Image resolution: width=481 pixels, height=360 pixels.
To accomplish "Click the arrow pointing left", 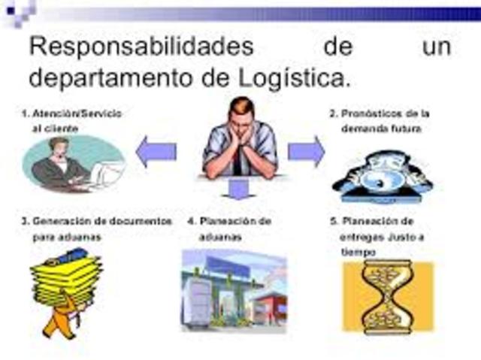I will (x=156, y=153).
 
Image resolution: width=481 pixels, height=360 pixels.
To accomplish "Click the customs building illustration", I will (x=234, y=289).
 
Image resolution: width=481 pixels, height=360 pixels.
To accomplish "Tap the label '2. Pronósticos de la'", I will (x=380, y=113).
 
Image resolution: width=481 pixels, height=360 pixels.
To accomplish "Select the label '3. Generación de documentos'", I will (x=97, y=222).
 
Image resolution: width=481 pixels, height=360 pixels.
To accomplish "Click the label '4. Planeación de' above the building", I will (x=229, y=222).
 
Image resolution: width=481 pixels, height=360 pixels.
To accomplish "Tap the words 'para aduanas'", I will (x=67, y=237).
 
